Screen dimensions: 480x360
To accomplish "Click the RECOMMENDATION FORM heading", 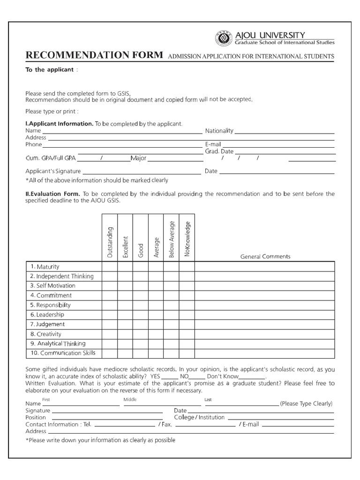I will coord(94,55).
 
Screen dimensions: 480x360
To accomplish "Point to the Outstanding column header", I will coord(110,242).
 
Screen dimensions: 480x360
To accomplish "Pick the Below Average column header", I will coord(172,239).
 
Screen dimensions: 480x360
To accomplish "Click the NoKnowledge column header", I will coord(187,239).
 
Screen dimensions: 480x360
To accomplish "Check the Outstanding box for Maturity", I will coord(110,267).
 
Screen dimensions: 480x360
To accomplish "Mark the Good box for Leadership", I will coord(141,315).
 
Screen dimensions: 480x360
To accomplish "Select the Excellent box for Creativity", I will coord(125,334).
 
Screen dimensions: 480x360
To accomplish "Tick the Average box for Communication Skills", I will coord(156,353).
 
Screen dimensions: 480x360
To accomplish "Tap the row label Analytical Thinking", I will coord(55,344).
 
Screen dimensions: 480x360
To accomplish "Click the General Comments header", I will coord(265,256).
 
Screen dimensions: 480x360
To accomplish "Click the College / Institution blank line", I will coord(280,419).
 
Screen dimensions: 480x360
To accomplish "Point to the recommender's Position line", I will coord(107,419).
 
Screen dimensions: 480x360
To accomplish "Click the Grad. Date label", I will coord(219,151).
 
